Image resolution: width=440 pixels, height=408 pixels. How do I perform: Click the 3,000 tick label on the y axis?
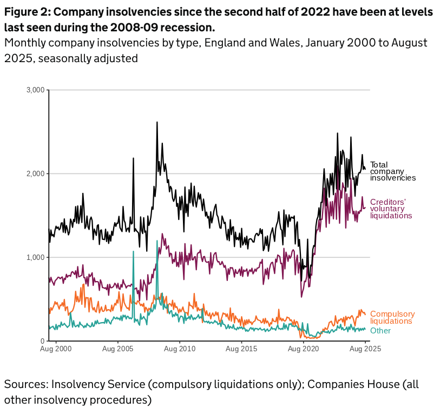pyautogui.click(x=35, y=90)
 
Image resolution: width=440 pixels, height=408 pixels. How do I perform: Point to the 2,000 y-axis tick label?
pyautogui.click(x=35, y=173)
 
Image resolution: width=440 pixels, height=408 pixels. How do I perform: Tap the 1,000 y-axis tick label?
pyautogui.click(x=35, y=257)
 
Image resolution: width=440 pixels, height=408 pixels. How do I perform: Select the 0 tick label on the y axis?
pyautogui.click(x=42, y=341)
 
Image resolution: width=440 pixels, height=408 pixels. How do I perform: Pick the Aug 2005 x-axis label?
pyautogui.click(x=117, y=349)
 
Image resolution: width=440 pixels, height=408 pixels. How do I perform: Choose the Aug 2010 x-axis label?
pyautogui.click(x=180, y=349)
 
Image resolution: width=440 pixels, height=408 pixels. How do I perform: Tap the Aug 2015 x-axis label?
pyautogui.click(x=242, y=349)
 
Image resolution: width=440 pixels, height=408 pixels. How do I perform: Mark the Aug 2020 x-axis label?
pyautogui.click(x=304, y=349)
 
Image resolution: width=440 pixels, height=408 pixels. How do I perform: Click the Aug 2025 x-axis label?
pyautogui.click(x=365, y=349)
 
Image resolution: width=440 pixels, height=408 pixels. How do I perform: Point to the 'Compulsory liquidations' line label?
pyautogui.click(x=392, y=317)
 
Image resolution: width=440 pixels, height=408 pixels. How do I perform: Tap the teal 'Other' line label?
pyautogui.click(x=380, y=331)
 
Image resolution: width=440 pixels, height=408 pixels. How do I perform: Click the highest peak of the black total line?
pyautogui.click(x=157, y=123)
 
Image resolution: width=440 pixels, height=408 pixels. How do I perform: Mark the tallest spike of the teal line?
pyautogui.click(x=157, y=241)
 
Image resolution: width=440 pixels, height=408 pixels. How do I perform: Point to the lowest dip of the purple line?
pyautogui.click(x=301, y=296)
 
